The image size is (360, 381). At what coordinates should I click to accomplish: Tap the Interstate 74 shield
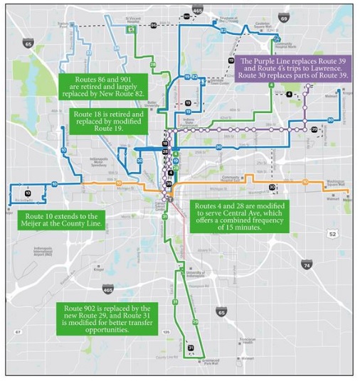coord(307,264)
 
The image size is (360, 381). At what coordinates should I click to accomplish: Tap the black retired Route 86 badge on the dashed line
coord(153,25)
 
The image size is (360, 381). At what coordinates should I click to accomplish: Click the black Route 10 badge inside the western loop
coord(28,193)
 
